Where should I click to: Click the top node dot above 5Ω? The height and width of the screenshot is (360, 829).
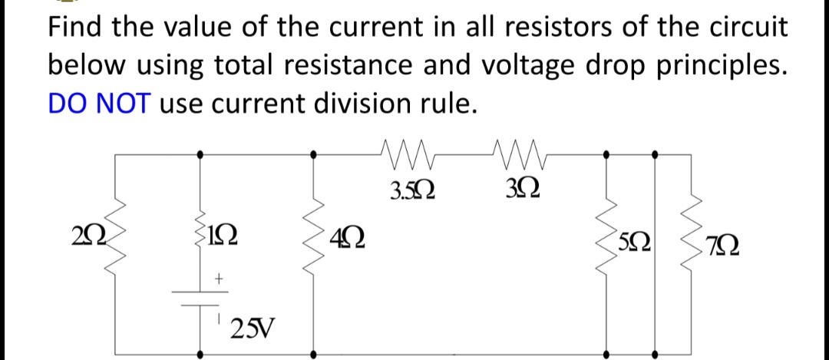coord(607,154)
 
